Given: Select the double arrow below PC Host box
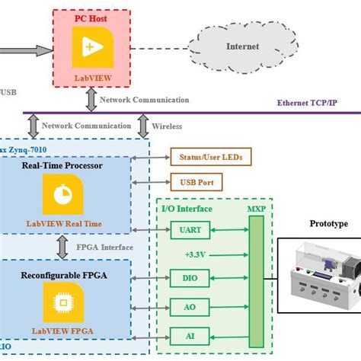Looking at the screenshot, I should tap(91, 98).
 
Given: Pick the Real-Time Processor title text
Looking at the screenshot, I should tap(62, 165).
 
